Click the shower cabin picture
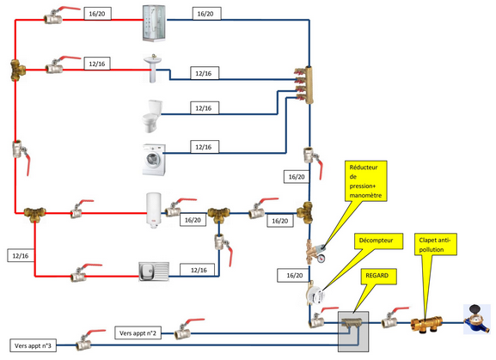point(154,23)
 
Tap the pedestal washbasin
point(153,68)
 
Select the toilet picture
point(152,116)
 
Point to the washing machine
point(154,159)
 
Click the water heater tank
point(154,211)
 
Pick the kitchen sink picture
point(154,272)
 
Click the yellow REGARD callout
point(378,276)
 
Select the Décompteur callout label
point(378,241)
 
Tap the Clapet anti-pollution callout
point(436,244)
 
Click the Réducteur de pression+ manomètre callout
point(365,180)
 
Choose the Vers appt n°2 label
point(138,333)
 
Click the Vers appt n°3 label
point(33,345)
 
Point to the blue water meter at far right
point(477,319)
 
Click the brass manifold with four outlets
point(305,85)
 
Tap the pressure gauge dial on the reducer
point(321,259)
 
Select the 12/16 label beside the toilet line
point(205,108)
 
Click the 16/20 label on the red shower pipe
point(97,14)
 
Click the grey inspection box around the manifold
point(353,332)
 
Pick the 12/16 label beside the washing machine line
point(205,147)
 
